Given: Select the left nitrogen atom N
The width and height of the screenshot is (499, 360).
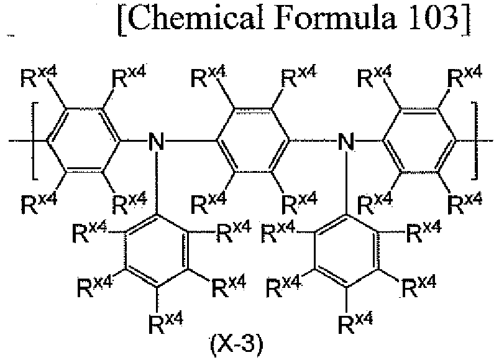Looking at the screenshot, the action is coord(156,141).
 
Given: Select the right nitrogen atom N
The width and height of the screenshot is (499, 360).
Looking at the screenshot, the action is coord(346,141).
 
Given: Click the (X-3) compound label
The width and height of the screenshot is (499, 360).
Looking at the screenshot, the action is coord(236,345).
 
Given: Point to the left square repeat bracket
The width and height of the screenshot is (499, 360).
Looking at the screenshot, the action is coord(34,141).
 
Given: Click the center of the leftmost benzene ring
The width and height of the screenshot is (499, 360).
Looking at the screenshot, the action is coord(84,141).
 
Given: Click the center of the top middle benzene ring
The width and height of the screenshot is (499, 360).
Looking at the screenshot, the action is coord(253,141).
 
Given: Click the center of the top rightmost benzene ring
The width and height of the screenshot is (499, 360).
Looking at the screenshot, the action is coord(419,141).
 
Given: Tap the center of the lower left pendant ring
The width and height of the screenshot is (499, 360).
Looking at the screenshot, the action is coord(156,251).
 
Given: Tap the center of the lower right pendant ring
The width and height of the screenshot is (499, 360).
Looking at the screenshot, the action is coord(347,251).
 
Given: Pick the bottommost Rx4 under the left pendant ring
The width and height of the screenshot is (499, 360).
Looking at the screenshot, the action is coord(165,323).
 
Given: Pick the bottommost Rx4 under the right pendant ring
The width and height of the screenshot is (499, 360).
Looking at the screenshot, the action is coord(355,323).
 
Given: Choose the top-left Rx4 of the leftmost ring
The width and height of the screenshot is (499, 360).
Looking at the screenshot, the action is coord(39,77).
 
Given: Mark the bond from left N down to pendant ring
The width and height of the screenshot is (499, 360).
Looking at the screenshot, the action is coord(156,182).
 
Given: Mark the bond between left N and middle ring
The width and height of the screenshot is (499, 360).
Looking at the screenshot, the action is coord(190,141).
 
